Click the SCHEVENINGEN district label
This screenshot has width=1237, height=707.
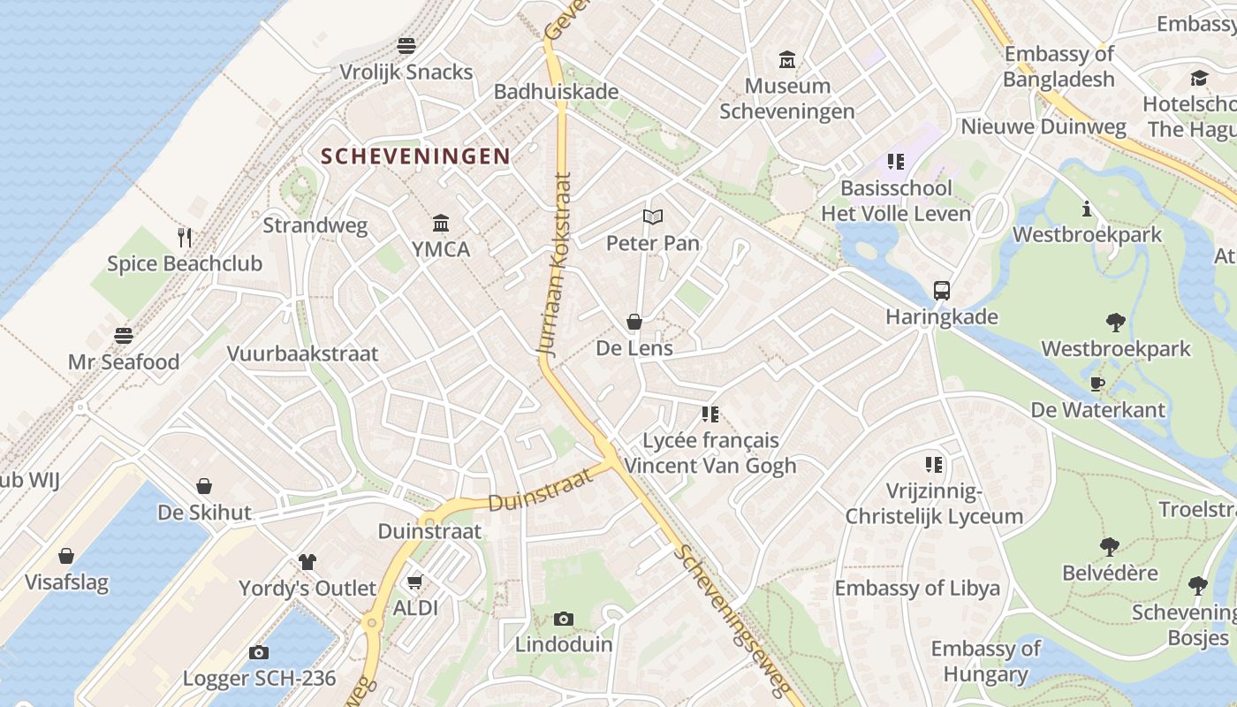click(415, 156)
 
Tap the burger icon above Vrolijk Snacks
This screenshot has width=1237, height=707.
click(406, 45)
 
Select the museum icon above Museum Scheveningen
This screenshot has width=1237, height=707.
click(786, 59)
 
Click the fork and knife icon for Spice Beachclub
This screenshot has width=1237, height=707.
click(185, 237)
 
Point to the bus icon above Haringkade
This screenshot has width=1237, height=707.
click(942, 290)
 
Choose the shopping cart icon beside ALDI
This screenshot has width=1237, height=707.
click(414, 582)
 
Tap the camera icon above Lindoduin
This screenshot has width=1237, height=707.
click(564, 619)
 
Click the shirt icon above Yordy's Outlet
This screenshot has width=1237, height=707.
click(307, 561)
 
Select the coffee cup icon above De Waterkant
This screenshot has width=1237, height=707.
click(1097, 384)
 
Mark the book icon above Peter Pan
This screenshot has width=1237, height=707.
click(653, 217)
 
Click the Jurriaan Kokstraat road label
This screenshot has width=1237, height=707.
click(554, 265)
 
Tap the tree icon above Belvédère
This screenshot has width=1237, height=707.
click(1110, 547)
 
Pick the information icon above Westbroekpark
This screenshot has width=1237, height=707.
click(1087, 209)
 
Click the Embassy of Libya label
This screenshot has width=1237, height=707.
click(917, 588)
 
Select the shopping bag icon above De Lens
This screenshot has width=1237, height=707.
click(634, 322)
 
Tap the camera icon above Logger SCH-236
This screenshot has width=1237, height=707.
click(259, 652)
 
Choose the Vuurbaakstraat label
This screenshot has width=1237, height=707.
click(302, 353)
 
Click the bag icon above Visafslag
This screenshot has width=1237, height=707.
click(66, 556)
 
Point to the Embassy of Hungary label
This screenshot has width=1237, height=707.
click(985, 661)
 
